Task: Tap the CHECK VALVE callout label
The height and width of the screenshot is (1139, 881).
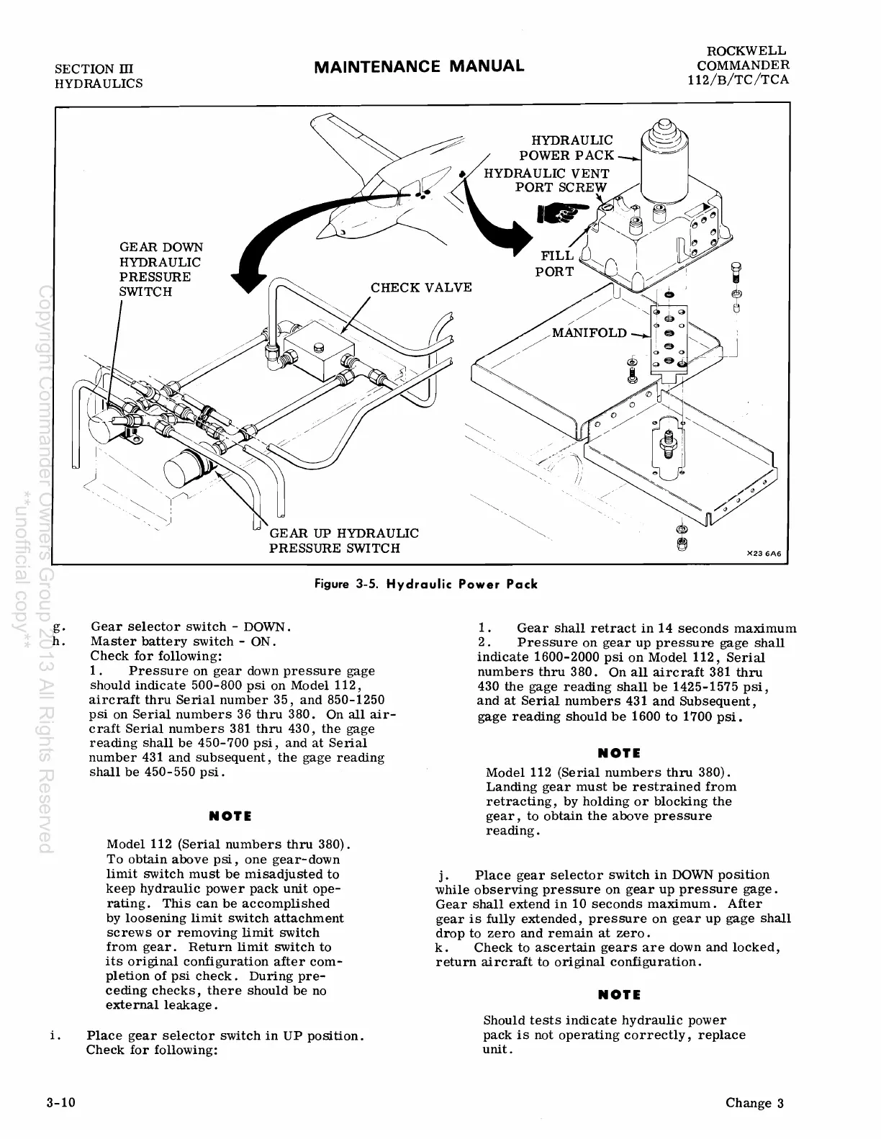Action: coord(421,288)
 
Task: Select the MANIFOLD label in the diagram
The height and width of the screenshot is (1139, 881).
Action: coord(589,333)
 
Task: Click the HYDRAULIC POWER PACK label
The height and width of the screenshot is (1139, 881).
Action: coord(566,148)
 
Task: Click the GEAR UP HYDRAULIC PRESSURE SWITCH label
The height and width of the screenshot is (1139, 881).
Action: coord(343,541)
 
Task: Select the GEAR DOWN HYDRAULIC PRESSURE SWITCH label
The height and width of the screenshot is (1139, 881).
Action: coord(161,269)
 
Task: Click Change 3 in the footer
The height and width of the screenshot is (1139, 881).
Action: coord(754,1104)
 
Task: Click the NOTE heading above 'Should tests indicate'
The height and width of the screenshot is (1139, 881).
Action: coord(619,994)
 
